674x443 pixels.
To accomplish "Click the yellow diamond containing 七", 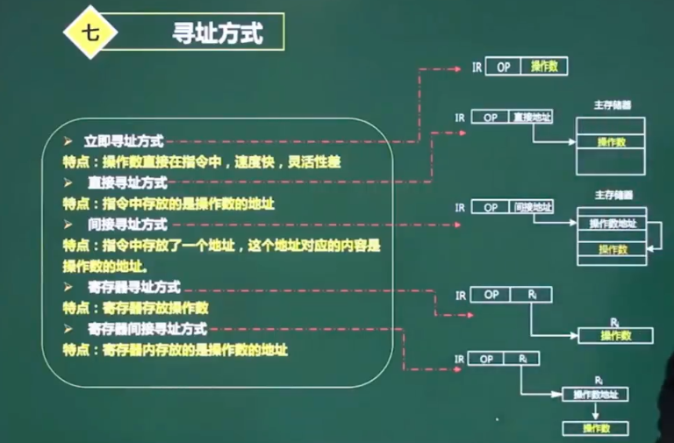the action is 90,32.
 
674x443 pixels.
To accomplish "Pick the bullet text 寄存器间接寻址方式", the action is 147,328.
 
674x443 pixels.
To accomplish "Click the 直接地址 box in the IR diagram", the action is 532,117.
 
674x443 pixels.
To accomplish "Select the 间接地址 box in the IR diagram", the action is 533,207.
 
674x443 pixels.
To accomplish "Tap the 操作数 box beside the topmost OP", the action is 544,66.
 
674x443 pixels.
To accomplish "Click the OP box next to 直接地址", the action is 491,117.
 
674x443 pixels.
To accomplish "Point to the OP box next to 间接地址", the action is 491,207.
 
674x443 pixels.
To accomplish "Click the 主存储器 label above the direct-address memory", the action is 613,104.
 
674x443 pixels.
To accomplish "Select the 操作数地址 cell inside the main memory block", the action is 612,225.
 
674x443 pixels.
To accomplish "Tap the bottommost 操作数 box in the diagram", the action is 596,428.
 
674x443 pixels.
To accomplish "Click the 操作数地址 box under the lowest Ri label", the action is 596,395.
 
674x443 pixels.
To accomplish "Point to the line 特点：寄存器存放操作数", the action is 135,308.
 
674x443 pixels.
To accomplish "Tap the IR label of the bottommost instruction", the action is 458,359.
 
